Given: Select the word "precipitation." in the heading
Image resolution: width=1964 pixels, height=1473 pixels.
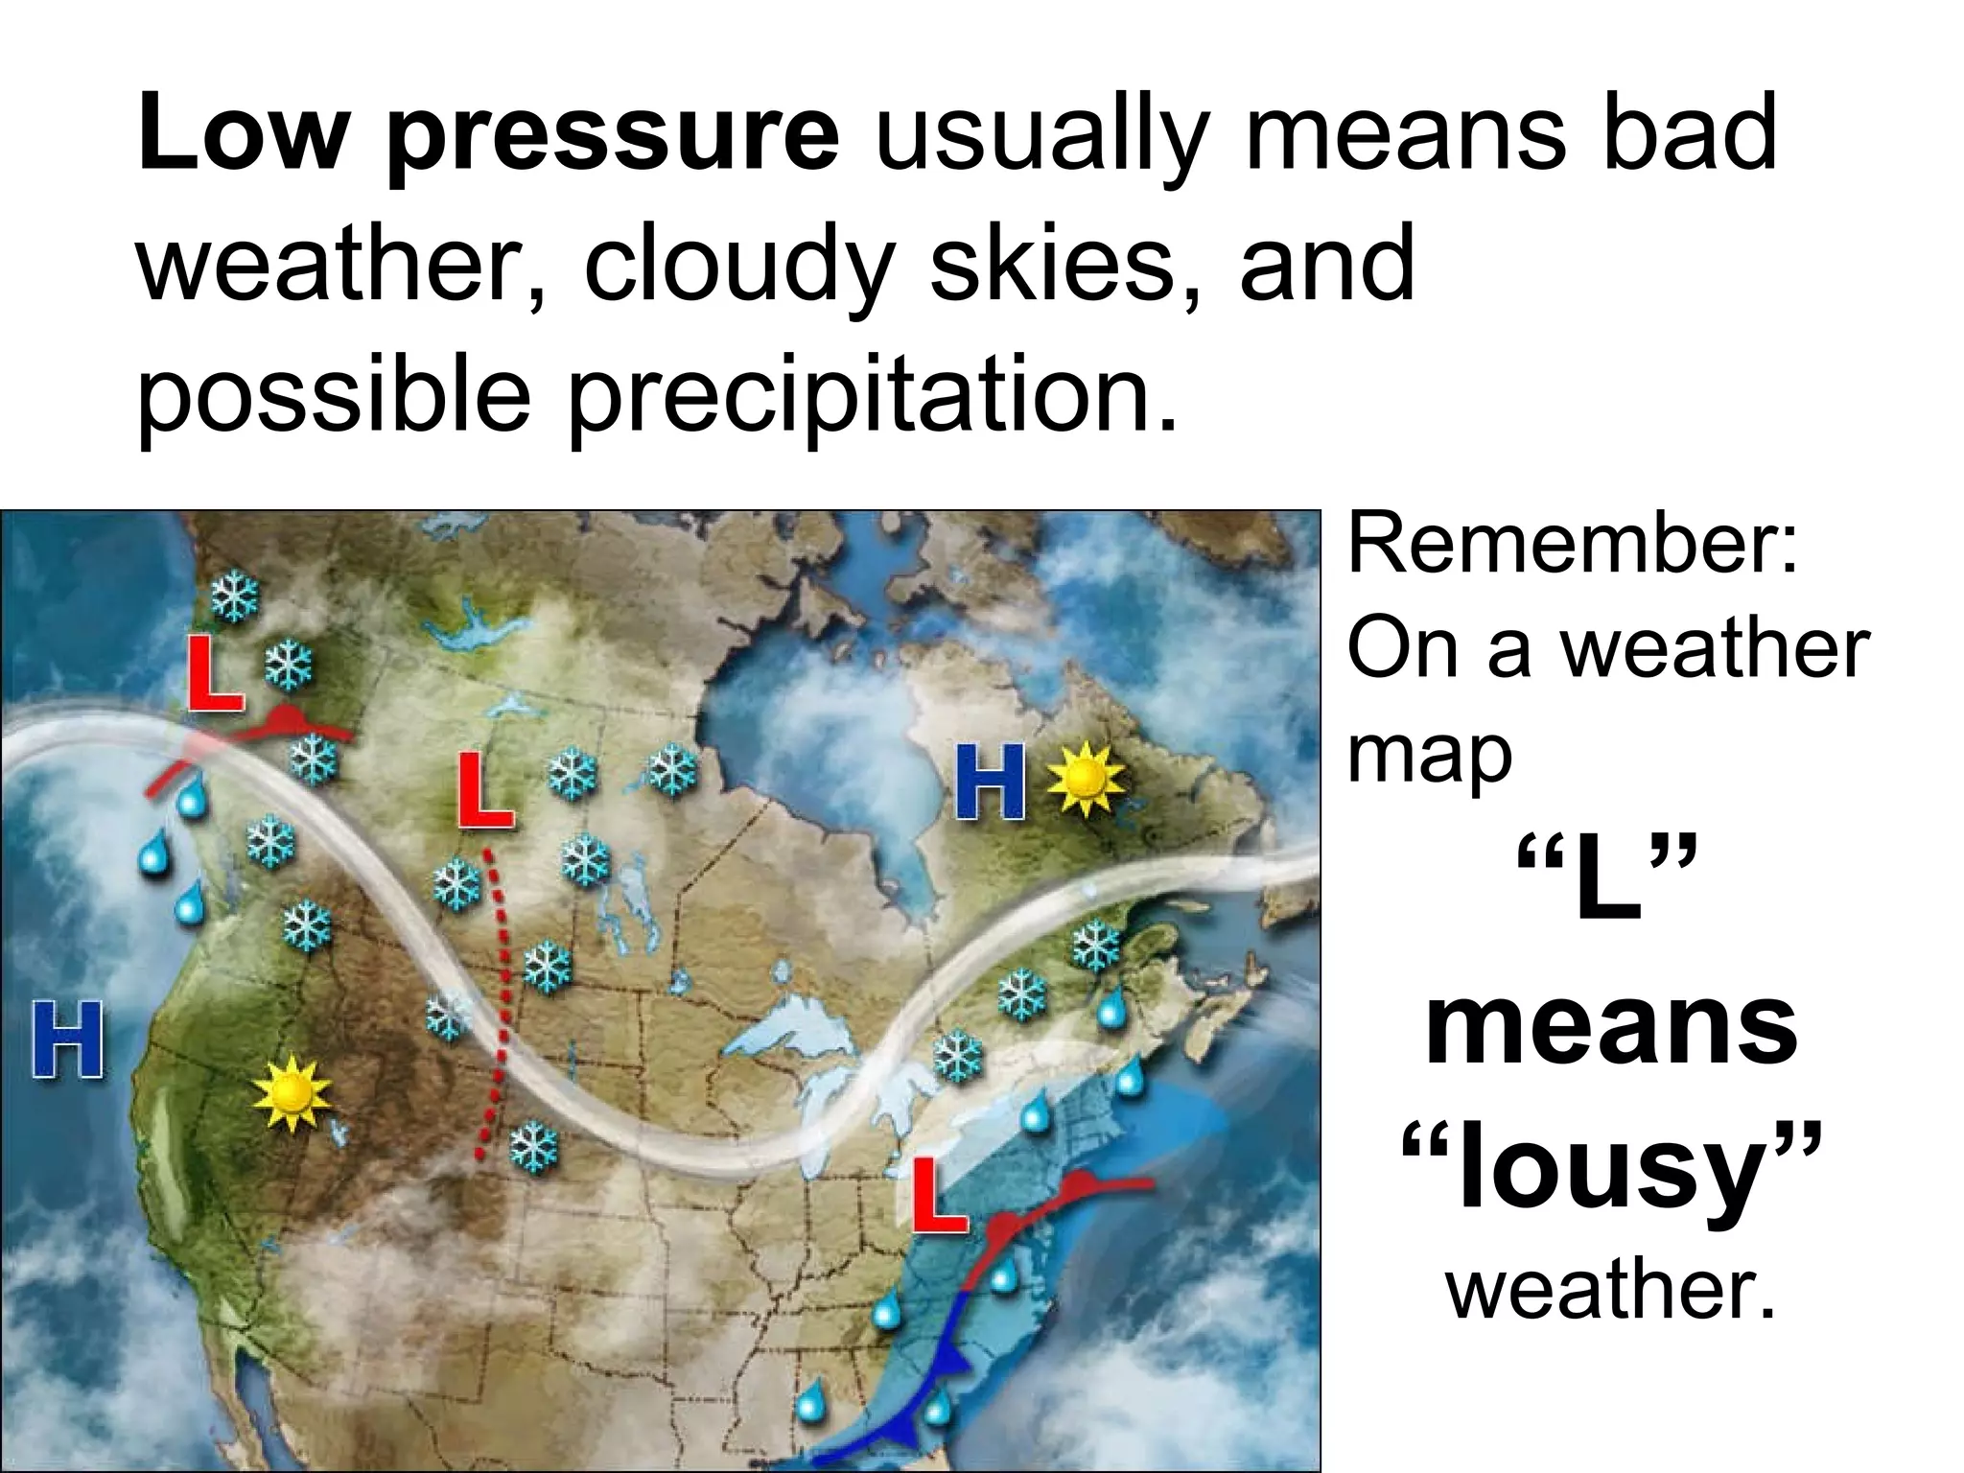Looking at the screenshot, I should pyautogui.click(x=871, y=395).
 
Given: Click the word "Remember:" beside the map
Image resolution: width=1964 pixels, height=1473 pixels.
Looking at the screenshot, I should pyautogui.click(x=1574, y=545).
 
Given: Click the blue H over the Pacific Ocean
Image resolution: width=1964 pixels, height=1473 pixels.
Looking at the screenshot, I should pyautogui.click(x=66, y=1040).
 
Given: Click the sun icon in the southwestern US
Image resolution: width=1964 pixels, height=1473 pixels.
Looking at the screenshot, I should pyautogui.click(x=292, y=1093).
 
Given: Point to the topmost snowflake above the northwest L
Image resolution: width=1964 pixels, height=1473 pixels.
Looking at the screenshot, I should pyautogui.click(x=234, y=596).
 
